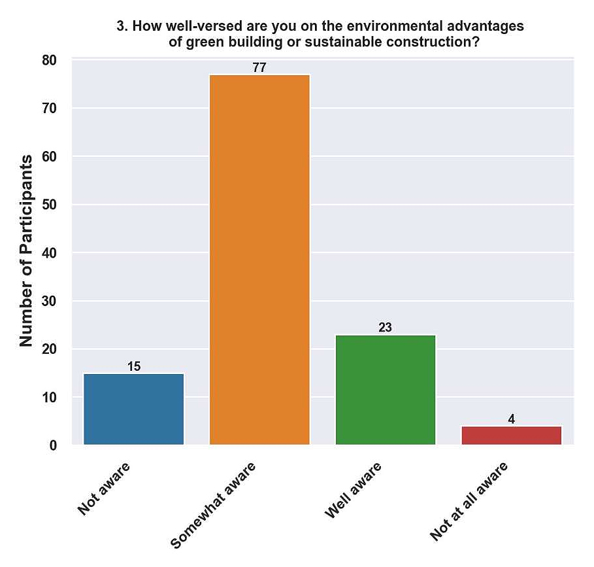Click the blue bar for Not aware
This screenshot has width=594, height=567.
click(x=134, y=409)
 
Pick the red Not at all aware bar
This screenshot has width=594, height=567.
click(x=511, y=436)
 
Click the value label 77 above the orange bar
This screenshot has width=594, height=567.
click(x=259, y=68)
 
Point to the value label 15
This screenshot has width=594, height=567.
click(x=134, y=366)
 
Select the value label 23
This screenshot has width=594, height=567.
click(x=385, y=328)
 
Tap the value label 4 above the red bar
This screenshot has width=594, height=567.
click(x=511, y=419)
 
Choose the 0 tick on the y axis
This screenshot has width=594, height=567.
click(x=54, y=445)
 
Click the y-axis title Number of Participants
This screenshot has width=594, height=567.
click(x=26, y=250)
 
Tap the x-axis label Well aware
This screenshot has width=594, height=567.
click(x=354, y=490)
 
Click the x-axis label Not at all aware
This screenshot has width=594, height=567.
click(x=469, y=502)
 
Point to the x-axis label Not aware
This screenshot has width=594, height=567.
click(x=104, y=489)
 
